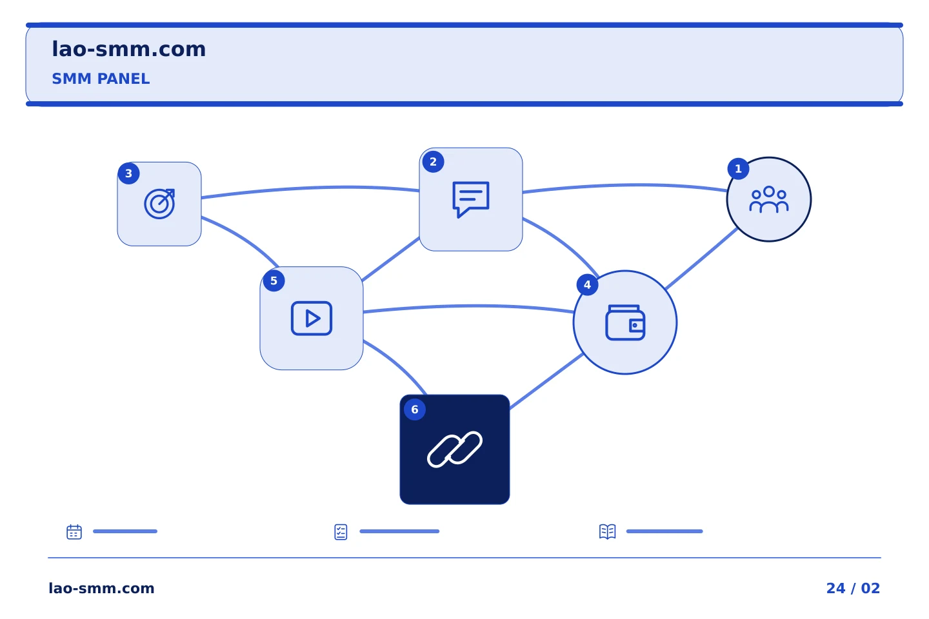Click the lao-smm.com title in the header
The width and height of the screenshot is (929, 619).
[128, 50]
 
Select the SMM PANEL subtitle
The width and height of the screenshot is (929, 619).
[101, 79]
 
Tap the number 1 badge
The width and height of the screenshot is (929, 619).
[738, 169]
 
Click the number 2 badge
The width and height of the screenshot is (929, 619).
[433, 162]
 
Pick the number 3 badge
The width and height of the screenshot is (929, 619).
[128, 173]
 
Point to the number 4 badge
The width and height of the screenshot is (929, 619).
[587, 285]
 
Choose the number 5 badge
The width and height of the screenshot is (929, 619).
[274, 280]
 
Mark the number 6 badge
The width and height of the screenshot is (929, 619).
[415, 409]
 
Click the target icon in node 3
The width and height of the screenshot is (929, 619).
[160, 204]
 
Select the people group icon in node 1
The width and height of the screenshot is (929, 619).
[769, 199]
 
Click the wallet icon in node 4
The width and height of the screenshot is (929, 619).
[625, 322]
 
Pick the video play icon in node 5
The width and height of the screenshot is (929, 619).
[312, 319]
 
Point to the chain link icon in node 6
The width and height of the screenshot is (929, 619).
[455, 449]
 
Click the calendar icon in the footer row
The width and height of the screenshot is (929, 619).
[74, 531]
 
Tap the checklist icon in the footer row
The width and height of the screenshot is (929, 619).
[341, 532]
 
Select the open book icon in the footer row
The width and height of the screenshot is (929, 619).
[608, 531]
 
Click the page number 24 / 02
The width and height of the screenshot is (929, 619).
[853, 588]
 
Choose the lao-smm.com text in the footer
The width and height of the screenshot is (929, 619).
[102, 588]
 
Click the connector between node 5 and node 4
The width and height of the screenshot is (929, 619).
[468, 306]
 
